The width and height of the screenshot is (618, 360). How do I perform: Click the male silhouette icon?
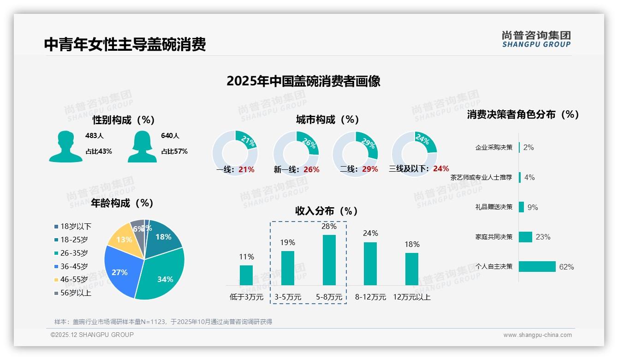[x=65, y=146]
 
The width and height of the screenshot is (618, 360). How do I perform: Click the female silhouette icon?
[x=142, y=146]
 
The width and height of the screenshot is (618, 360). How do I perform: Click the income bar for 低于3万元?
[x=246, y=275]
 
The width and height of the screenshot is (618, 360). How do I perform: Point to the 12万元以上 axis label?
[x=411, y=297]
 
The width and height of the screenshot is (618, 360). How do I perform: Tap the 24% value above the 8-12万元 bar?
[x=370, y=234]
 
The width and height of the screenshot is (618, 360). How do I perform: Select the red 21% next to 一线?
[x=246, y=169]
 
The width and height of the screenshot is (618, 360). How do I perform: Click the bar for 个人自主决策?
[x=537, y=267]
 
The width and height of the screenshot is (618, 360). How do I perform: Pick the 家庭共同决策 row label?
[x=493, y=237]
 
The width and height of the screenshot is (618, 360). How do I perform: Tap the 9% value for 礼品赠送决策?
[x=532, y=207]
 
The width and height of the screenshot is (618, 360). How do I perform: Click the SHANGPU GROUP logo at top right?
[x=536, y=39]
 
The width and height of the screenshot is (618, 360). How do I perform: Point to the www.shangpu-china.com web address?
[x=537, y=335]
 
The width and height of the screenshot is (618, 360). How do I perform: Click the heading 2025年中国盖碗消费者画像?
[x=303, y=81]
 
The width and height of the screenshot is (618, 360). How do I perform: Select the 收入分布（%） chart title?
[x=327, y=211]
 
